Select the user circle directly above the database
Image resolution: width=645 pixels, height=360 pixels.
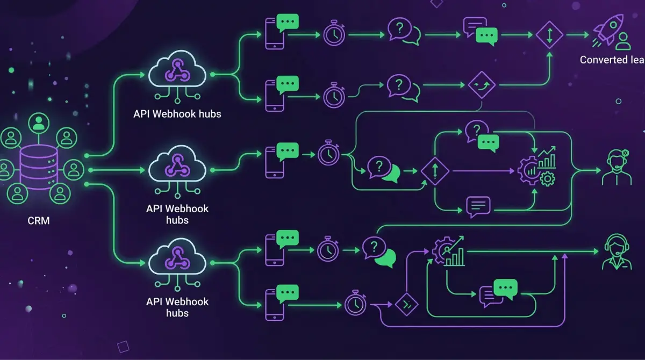point(38,124)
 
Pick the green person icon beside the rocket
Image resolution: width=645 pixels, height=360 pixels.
point(623,41)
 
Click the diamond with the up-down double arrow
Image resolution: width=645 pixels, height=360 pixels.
point(549,35)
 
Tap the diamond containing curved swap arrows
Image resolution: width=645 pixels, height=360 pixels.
point(481,84)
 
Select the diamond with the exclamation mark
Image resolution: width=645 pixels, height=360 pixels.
point(435,172)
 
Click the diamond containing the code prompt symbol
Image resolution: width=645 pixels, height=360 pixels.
point(407,304)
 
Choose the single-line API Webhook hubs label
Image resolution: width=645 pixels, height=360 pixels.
point(177,114)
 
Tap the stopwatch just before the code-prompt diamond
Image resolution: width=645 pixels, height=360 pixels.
point(355,303)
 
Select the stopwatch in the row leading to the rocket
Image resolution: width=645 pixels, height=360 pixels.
point(334,34)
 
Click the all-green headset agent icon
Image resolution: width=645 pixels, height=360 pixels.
point(617,251)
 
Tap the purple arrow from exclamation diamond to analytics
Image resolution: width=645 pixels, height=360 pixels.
point(484,172)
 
